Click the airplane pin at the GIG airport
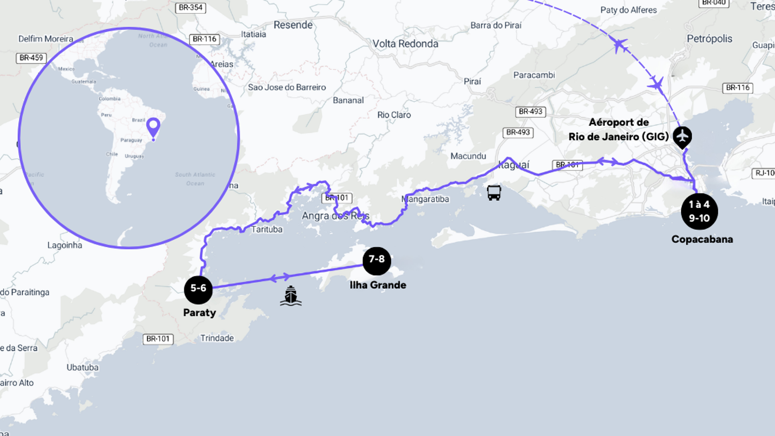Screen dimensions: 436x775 (682, 136)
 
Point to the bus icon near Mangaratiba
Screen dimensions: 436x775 (494, 193)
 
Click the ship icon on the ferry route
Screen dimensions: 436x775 (291, 296)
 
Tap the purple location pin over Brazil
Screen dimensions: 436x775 (153, 127)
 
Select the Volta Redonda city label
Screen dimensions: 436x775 (405, 44)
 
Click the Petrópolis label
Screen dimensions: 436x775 (710, 39)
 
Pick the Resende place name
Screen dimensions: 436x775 (293, 25)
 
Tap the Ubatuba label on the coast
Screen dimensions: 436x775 (83, 367)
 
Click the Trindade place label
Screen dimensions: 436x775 (217, 338)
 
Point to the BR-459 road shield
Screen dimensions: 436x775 (31, 58)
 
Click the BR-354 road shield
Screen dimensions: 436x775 (191, 8)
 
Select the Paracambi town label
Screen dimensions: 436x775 (534, 75)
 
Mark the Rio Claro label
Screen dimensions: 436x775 (394, 115)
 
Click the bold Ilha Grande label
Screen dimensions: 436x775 (378, 285)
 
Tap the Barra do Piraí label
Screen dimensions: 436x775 (496, 26)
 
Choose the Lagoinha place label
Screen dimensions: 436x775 (65, 245)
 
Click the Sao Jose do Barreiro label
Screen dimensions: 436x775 (287, 88)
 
